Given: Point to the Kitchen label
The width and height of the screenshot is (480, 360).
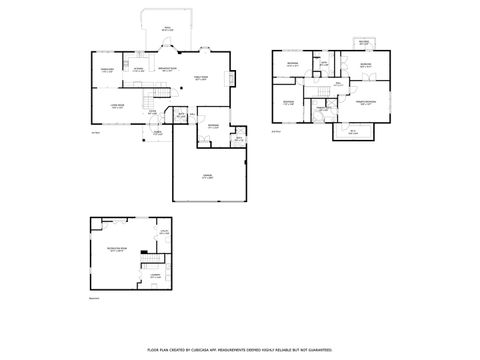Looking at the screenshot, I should [x=138, y=70].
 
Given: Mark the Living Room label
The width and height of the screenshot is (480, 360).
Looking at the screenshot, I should [x=115, y=104].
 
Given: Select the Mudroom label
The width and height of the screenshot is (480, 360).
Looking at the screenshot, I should [x=213, y=126].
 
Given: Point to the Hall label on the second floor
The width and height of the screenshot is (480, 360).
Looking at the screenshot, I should [x=338, y=84].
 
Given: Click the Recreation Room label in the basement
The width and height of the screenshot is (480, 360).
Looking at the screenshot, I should [x=116, y=248].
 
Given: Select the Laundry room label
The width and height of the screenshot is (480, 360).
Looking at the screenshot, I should [x=155, y=276].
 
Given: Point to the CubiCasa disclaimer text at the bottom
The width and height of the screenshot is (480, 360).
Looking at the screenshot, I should [x=240, y=350].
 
